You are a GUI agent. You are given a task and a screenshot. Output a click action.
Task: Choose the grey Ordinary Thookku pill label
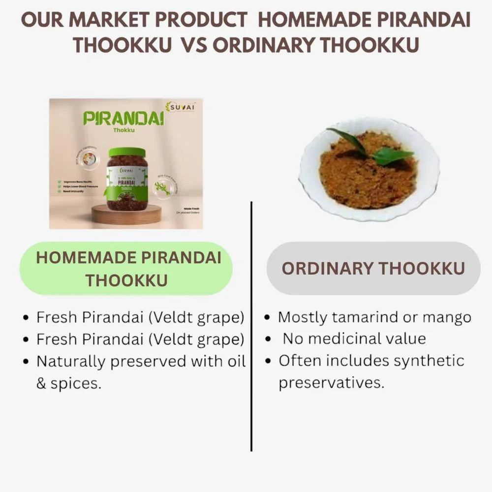pos(373,268)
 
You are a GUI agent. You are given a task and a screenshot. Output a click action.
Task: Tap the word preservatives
pos(331,382)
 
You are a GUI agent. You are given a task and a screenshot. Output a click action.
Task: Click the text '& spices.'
pos(69,383)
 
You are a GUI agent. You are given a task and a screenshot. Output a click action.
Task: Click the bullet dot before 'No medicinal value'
pos(268,339)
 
